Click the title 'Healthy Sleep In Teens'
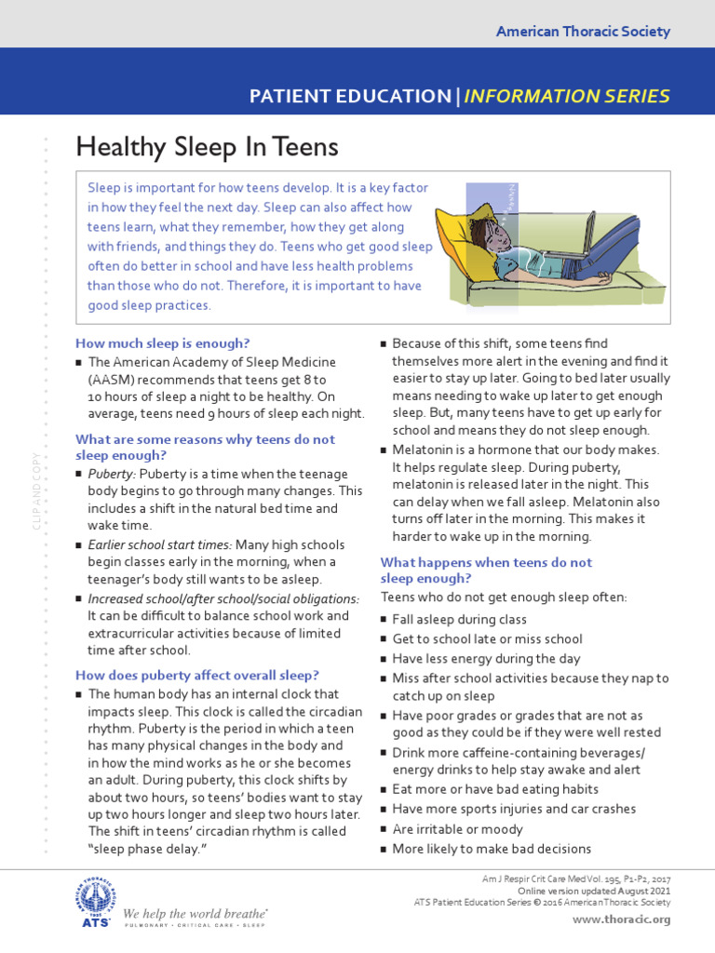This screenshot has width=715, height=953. click(207, 147)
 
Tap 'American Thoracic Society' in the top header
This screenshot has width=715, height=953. click(583, 32)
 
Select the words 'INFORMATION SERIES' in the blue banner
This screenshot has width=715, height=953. click(567, 96)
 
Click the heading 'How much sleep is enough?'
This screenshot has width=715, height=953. click(163, 342)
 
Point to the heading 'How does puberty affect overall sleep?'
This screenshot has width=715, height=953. click(197, 675)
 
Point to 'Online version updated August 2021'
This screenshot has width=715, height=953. click(594, 891)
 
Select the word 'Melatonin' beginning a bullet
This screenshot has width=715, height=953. click(423, 450)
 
